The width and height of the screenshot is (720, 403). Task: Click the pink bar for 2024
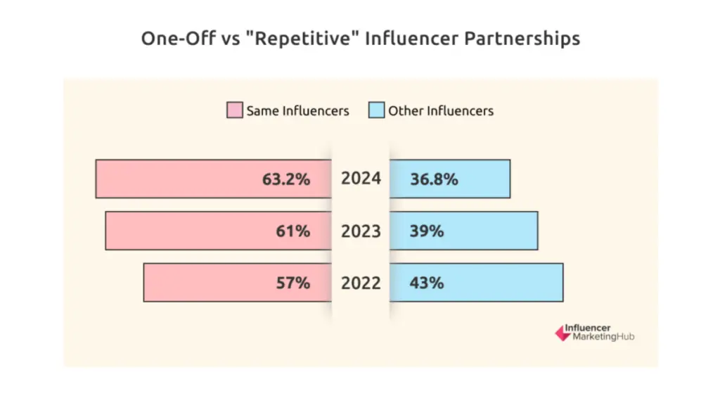176,179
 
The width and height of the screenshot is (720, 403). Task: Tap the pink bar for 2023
183,231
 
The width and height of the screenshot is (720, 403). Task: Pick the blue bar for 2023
492,231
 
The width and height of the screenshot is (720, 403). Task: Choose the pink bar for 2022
204,283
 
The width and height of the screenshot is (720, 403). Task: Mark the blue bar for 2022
506,283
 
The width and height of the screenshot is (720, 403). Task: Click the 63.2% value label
286,179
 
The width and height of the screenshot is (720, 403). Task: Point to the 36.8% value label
434,179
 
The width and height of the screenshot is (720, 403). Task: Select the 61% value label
292,231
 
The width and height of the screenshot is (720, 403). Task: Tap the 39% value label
427,231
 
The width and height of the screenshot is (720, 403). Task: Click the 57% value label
292,283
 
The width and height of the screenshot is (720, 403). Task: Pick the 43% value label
427,283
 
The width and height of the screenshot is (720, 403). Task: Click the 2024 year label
361,179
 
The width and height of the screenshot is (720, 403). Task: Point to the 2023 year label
361,231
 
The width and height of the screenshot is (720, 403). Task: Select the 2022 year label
361,283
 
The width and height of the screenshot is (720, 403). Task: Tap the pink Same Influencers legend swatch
234,110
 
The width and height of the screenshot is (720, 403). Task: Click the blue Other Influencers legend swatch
376,110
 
